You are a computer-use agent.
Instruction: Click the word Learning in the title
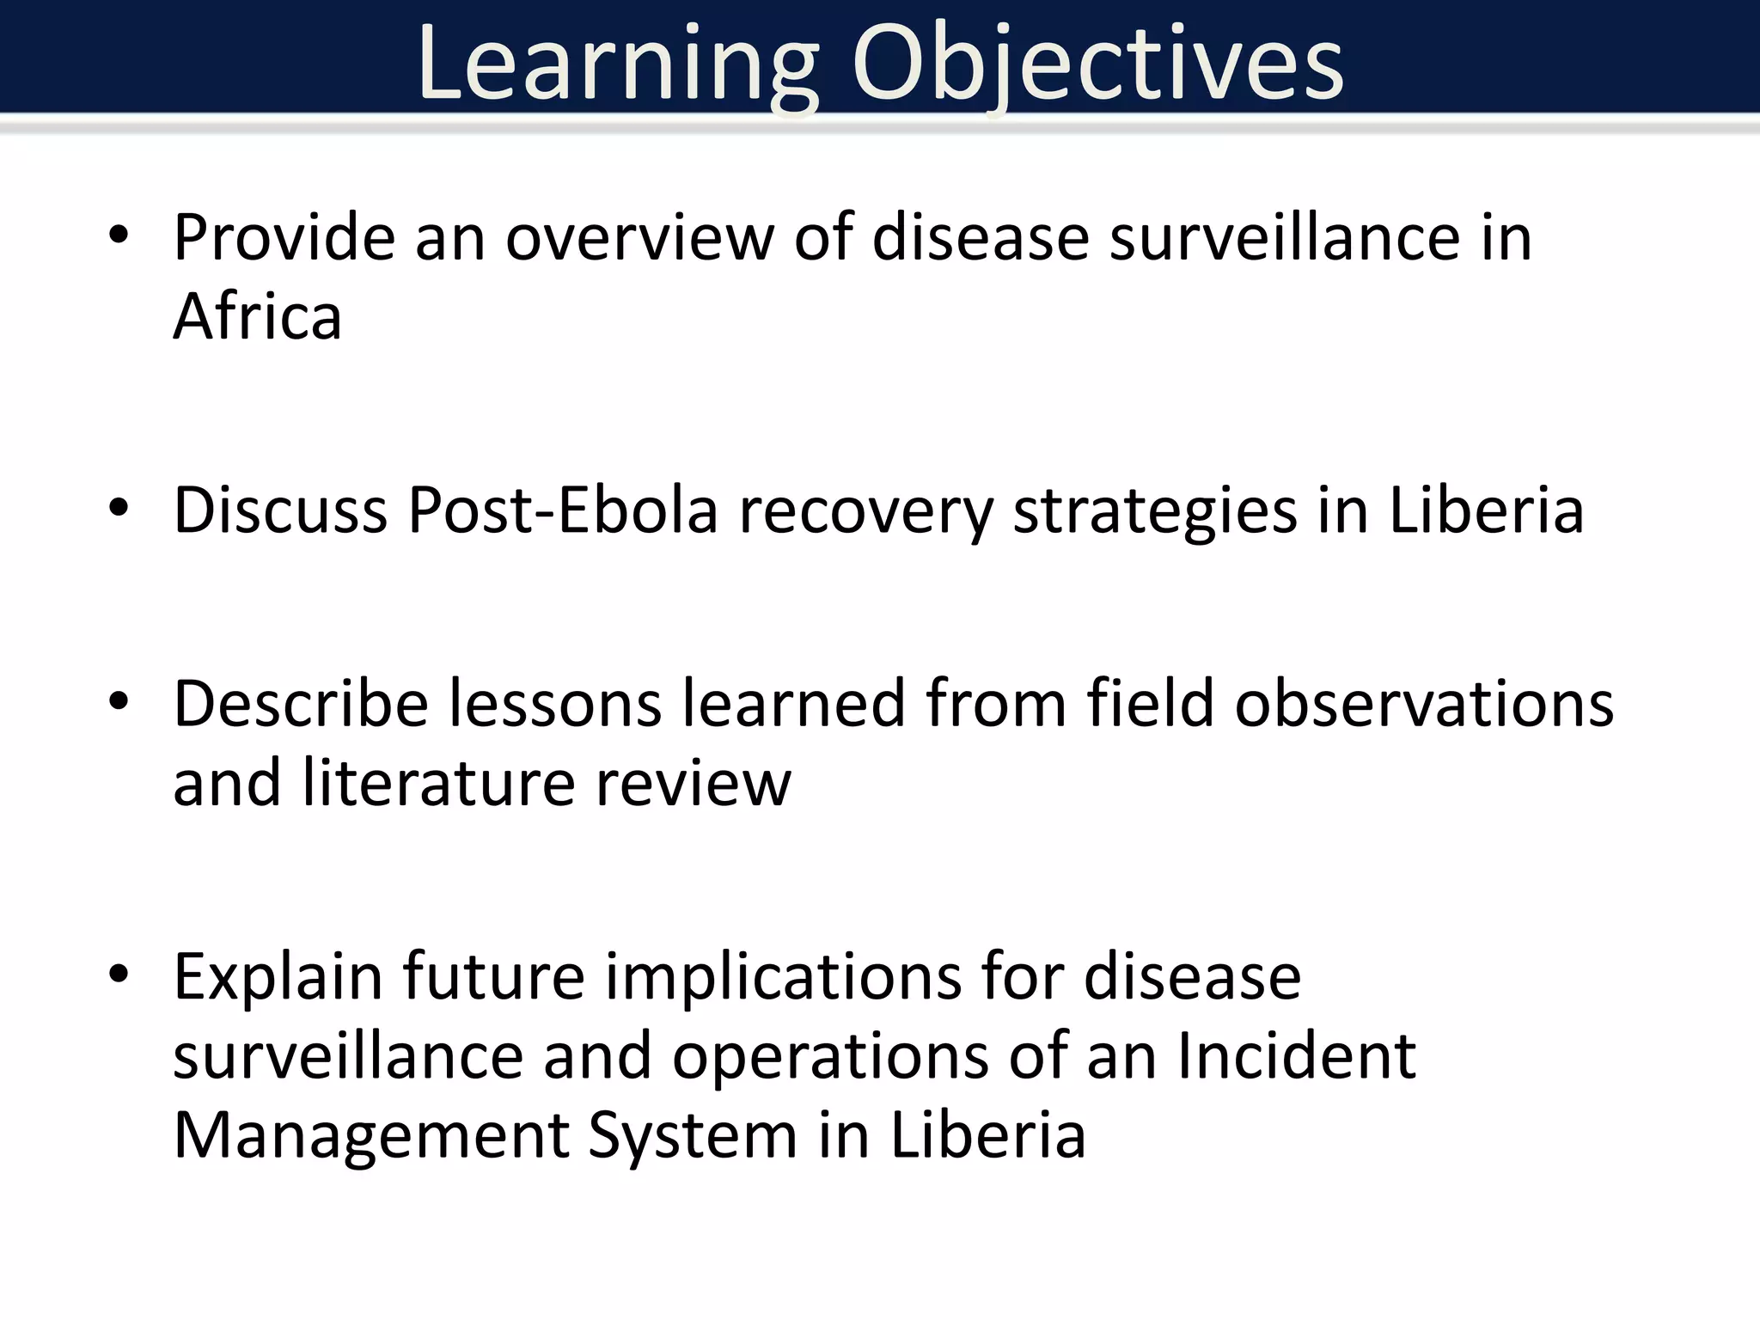click(x=617, y=65)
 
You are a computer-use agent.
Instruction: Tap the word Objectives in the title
click(x=1097, y=65)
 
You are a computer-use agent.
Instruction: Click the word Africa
click(x=257, y=316)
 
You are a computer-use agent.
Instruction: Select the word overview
click(x=639, y=237)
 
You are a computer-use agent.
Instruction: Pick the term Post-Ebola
click(x=562, y=510)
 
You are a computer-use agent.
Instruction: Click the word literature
click(x=438, y=783)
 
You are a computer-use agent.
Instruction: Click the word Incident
click(x=1296, y=1055)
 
